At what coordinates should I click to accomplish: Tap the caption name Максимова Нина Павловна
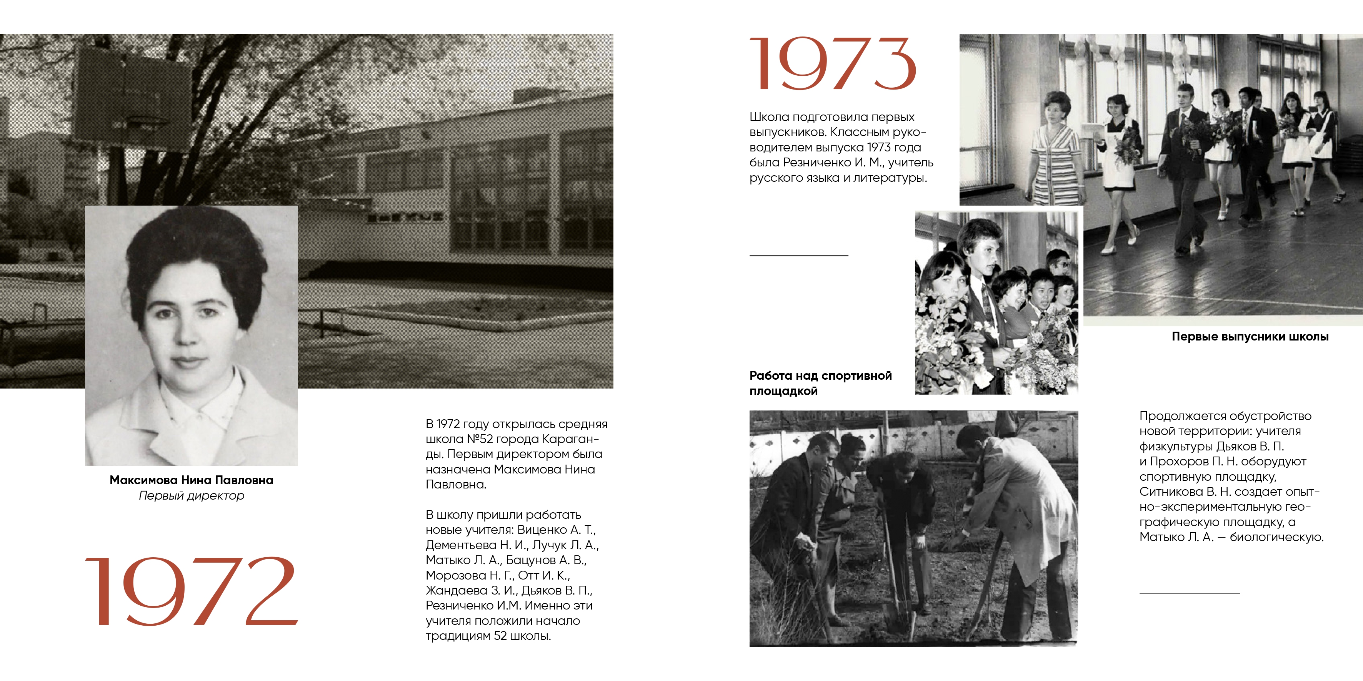[x=192, y=480]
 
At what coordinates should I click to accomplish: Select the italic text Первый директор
[x=192, y=495]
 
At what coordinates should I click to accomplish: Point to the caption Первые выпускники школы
[x=1250, y=336]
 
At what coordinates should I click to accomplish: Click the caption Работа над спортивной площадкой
[x=820, y=383]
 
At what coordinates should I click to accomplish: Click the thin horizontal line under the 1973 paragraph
[x=798, y=255]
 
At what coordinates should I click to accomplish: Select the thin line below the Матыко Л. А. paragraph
[x=1190, y=593]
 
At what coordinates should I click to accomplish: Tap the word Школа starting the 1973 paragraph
[x=768, y=117]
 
